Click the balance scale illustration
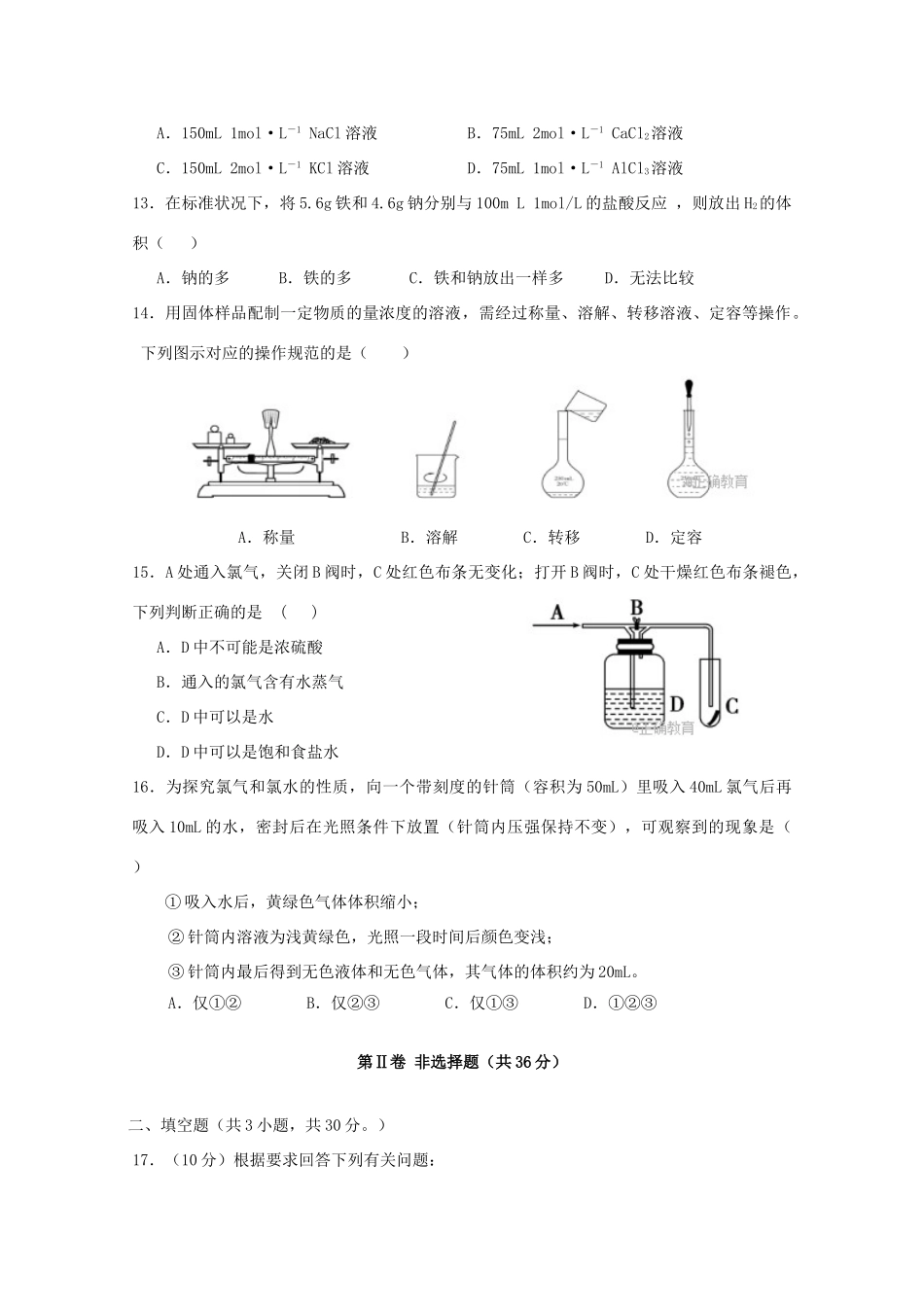point(268,452)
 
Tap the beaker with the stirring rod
point(437,462)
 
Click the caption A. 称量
point(267,537)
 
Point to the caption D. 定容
point(674,537)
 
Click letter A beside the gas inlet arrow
point(557,612)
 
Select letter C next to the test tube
point(732,706)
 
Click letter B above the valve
point(637,606)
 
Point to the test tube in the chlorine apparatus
point(712,690)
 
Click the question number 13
point(143,203)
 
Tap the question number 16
point(143,787)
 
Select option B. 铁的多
point(315,278)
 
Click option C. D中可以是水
point(215,717)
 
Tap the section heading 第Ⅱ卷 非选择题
point(461,1063)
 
